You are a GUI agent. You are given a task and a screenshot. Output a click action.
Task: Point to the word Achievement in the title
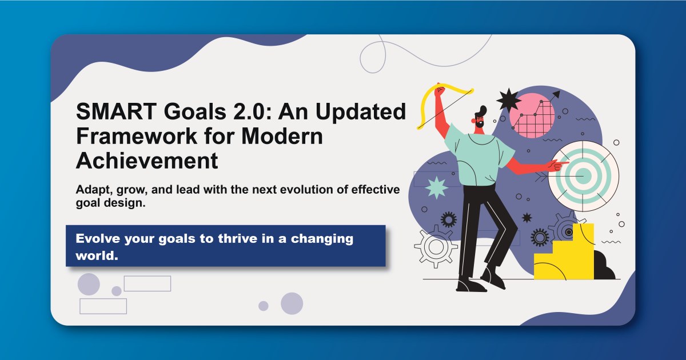(147, 161)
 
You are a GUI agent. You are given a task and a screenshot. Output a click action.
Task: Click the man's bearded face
(478, 119)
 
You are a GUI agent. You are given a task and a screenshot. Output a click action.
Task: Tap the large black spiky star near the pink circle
(508, 101)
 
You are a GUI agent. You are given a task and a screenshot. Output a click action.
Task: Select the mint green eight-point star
(436, 187)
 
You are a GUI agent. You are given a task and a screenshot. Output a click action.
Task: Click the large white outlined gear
(436, 247)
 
